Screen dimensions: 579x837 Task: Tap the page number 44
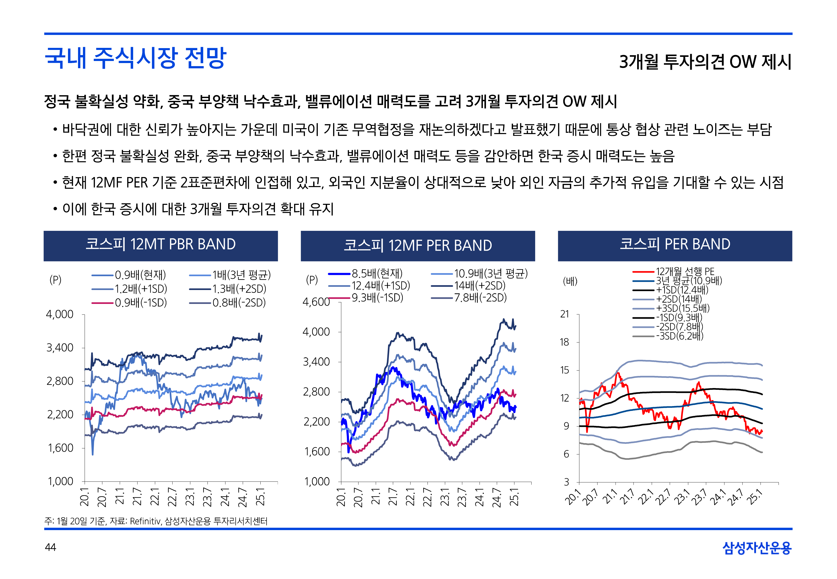[x=50, y=547]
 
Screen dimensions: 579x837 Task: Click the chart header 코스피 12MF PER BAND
[x=417, y=245]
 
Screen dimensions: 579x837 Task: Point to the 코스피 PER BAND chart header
[x=675, y=244]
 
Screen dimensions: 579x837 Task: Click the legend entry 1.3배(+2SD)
[x=239, y=289]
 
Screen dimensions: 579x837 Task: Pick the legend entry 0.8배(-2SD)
[x=239, y=303]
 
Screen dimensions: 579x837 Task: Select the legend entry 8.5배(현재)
[x=377, y=274]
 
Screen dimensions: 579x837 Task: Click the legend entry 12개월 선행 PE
[x=685, y=271]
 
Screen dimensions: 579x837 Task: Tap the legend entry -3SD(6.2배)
[x=679, y=336]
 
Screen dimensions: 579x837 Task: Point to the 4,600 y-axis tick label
[x=316, y=302]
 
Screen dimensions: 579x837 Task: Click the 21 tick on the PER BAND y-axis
[x=565, y=314]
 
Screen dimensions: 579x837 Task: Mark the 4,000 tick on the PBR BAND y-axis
[x=59, y=314]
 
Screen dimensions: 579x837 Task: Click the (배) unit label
[x=570, y=281]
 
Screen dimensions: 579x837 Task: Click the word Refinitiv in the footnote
[x=145, y=521]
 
